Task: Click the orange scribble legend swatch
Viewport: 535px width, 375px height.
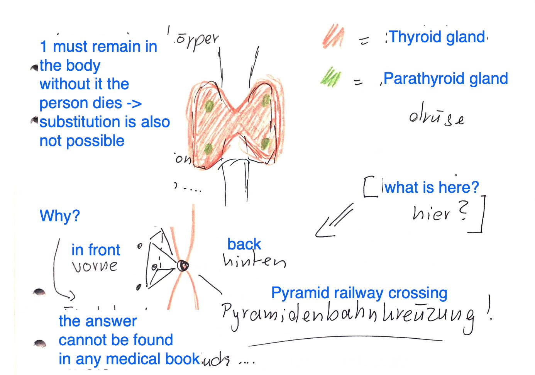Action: pyautogui.click(x=333, y=36)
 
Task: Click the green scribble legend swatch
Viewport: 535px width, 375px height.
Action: pyautogui.click(x=330, y=77)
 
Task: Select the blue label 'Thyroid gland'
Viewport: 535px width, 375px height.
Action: pyautogui.click(x=437, y=37)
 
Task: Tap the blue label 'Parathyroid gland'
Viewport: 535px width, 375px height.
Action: pyautogui.click(x=445, y=78)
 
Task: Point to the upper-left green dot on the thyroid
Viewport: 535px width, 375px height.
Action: pyautogui.click(x=209, y=106)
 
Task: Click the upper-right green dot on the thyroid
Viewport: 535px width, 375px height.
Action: pyautogui.click(x=266, y=101)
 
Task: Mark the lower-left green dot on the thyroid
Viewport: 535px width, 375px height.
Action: pyautogui.click(x=208, y=148)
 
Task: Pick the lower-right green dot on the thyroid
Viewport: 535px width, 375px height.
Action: pyautogui.click(x=265, y=144)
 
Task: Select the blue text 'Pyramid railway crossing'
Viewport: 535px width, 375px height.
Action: pyautogui.click(x=359, y=293)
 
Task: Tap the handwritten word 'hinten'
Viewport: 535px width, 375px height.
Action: pyautogui.click(x=254, y=261)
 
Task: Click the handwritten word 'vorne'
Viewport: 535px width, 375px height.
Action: pyautogui.click(x=95, y=266)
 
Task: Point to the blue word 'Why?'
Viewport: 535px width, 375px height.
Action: pyautogui.click(x=60, y=215)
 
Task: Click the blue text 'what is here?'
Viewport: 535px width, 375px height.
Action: pyautogui.click(x=432, y=187)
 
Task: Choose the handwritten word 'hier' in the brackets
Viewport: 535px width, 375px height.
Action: pyautogui.click(x=431, y=213)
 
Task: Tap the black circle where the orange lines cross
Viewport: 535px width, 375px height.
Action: pyautogui.click(x=183, y=266)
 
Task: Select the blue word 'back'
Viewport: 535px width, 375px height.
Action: pyautogui.click(x=244, y=244)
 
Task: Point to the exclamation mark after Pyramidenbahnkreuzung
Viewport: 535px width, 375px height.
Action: pyautogui.click(x=489, y=308)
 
